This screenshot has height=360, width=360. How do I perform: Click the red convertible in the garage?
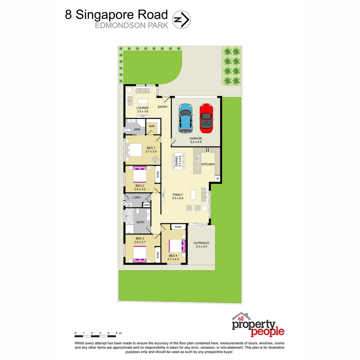pyautogui.click(x=206, y=118)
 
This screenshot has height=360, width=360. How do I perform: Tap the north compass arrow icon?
pyautogui.click(x=181, y=19)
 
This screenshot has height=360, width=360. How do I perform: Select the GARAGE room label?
pyautogui.click(x=196, y=138)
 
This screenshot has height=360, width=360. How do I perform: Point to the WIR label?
pyautogui.click(x=152, y=126)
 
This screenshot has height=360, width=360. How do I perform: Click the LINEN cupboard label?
pyautogui.click(x=147, y=205)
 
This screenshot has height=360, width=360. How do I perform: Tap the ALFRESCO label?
pyautogui.click(x=201, y=243)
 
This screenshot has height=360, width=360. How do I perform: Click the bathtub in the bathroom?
pyautogui.click(x=129, y=217)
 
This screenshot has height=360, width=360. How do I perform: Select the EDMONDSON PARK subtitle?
pyautogui.click(x=132, y=25)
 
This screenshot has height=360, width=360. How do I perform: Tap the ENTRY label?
pyautogui.click(x=163, y=107)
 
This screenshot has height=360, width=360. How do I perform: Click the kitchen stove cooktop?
pyautogui.click(x=207, y=150)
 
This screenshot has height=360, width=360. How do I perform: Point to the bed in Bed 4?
pyautogui.click(x=177, y=246)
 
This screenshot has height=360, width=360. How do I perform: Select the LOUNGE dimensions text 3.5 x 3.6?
pyautogui.click(x=142, y=111)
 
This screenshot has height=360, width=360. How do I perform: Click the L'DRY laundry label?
pyautogui.click(x=137, y=198)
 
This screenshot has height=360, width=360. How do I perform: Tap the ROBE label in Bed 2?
pyautogui.click(x=158, y=174)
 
